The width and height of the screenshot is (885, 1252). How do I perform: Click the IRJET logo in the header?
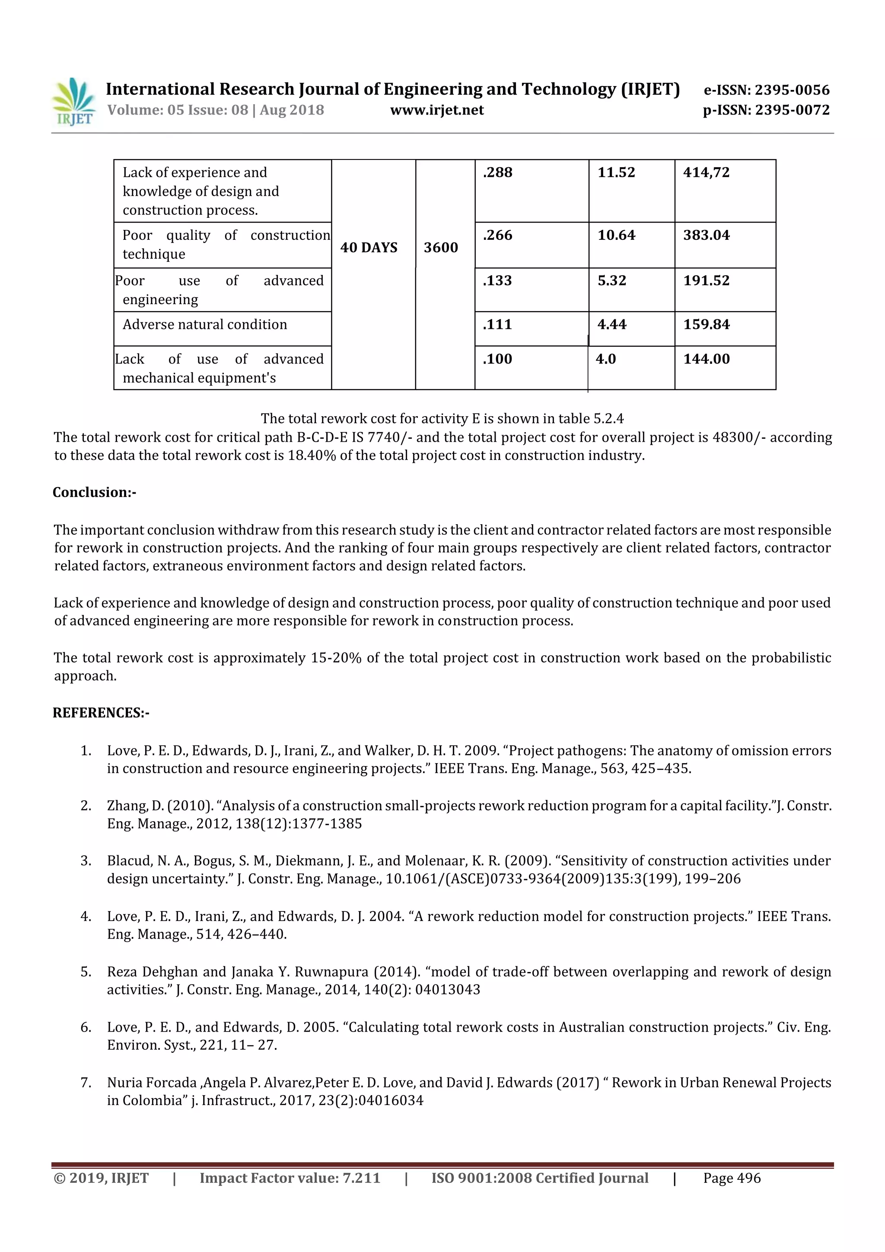click(73, 102)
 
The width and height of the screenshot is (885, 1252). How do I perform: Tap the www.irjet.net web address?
click(437, 110)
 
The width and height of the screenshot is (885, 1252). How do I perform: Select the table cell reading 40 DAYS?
click(369, 248)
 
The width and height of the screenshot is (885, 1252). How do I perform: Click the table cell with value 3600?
click(441, 248)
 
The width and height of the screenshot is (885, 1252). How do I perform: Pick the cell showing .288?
click(497, 172)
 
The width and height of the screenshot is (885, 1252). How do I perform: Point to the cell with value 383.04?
click(706, 235)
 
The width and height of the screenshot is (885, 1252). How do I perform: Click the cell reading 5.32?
click(612, 280)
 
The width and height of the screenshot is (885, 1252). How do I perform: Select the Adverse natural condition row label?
click(204, 325)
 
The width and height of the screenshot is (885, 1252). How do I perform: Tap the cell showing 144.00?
click(706, 359)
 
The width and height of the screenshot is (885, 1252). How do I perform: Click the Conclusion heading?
click(94, 492)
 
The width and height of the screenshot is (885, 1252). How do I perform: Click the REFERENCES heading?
click(101, 713)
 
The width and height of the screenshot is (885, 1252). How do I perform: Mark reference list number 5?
click(86, 972)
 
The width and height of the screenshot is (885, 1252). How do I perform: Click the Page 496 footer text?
click(731, 1178)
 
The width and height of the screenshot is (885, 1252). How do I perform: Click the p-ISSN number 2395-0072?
click(792, 110)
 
